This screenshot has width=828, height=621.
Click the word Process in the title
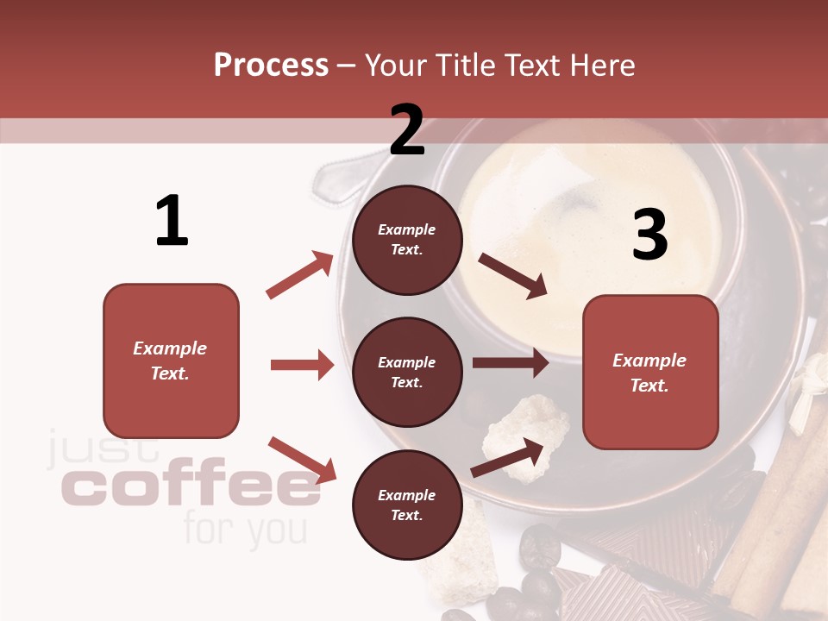click(x=271, y=65)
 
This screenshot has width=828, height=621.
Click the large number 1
click(x=172, y=221)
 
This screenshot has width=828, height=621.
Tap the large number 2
click(x=407, y=129)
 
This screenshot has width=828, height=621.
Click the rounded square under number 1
click(x=171, y=361)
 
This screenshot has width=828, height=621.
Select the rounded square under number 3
click(x=650, y=372)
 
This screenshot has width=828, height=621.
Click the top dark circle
click(x=407, y=240)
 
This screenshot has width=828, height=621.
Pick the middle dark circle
click(x=407, y=372)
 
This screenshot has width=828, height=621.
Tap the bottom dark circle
click(x=407, y=505)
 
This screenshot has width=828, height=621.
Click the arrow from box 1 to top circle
click(x=300, y=275)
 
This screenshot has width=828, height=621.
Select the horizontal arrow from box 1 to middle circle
click(x=302, y=365)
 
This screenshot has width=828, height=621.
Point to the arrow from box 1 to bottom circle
click(x=302, y=460)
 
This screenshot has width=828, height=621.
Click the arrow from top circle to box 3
click(x=512, y=276)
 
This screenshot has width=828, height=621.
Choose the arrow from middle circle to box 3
click(x=510, y=363)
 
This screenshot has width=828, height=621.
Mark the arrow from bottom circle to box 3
click(x=508, y=457)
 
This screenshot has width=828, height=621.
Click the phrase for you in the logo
click(x=245, y=529)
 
